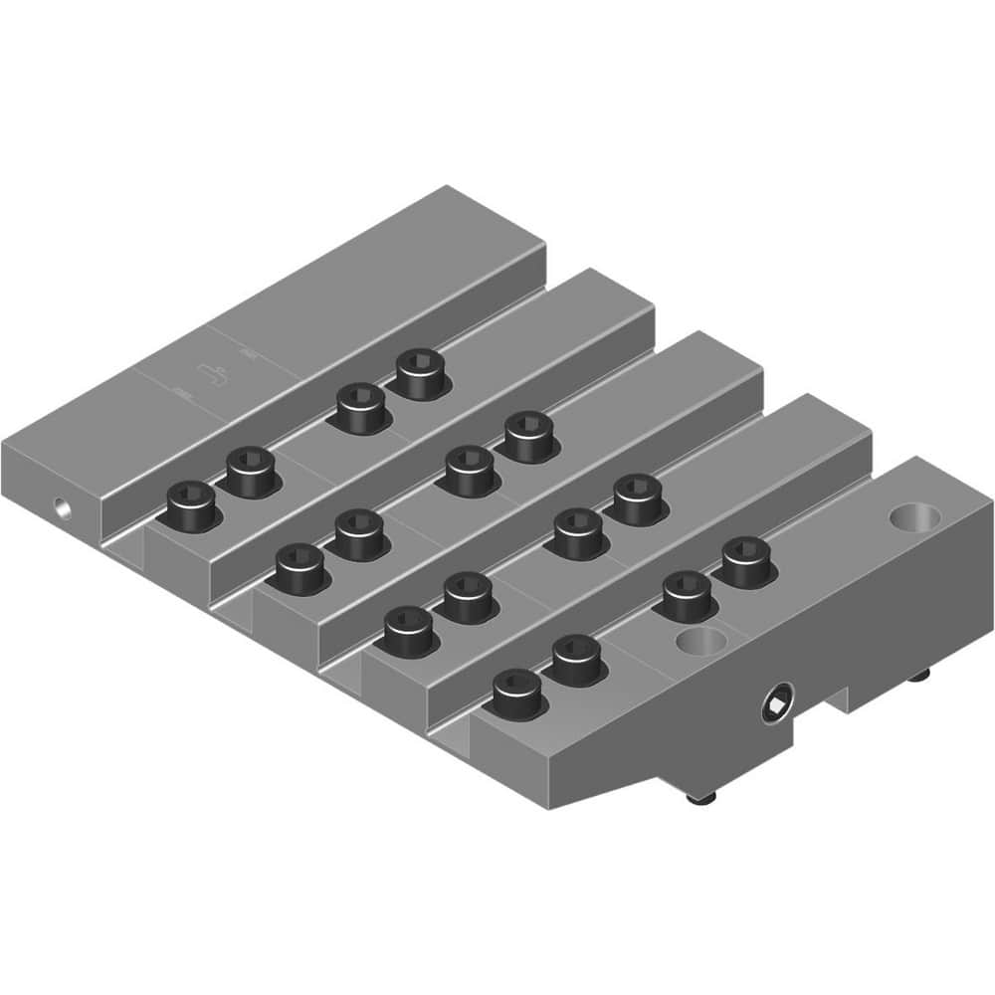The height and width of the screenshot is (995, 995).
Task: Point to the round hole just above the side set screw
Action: pyautogui.click(x=703, y=642)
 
